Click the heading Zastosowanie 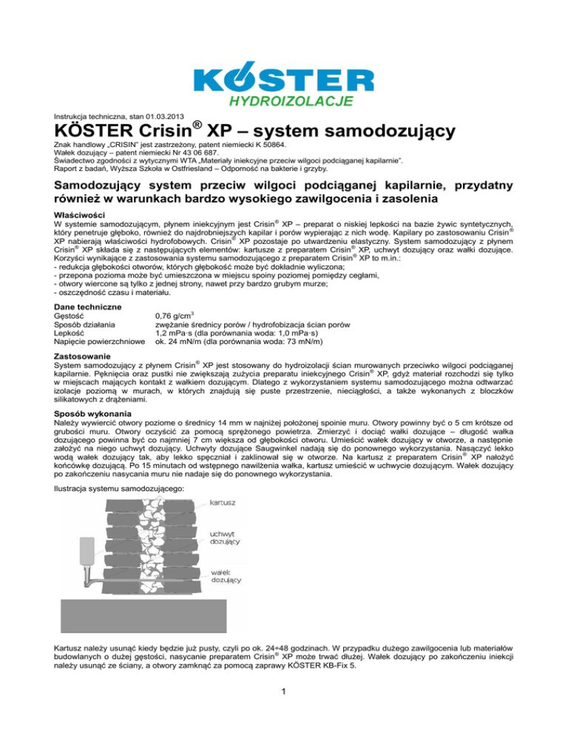coord(83,356)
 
